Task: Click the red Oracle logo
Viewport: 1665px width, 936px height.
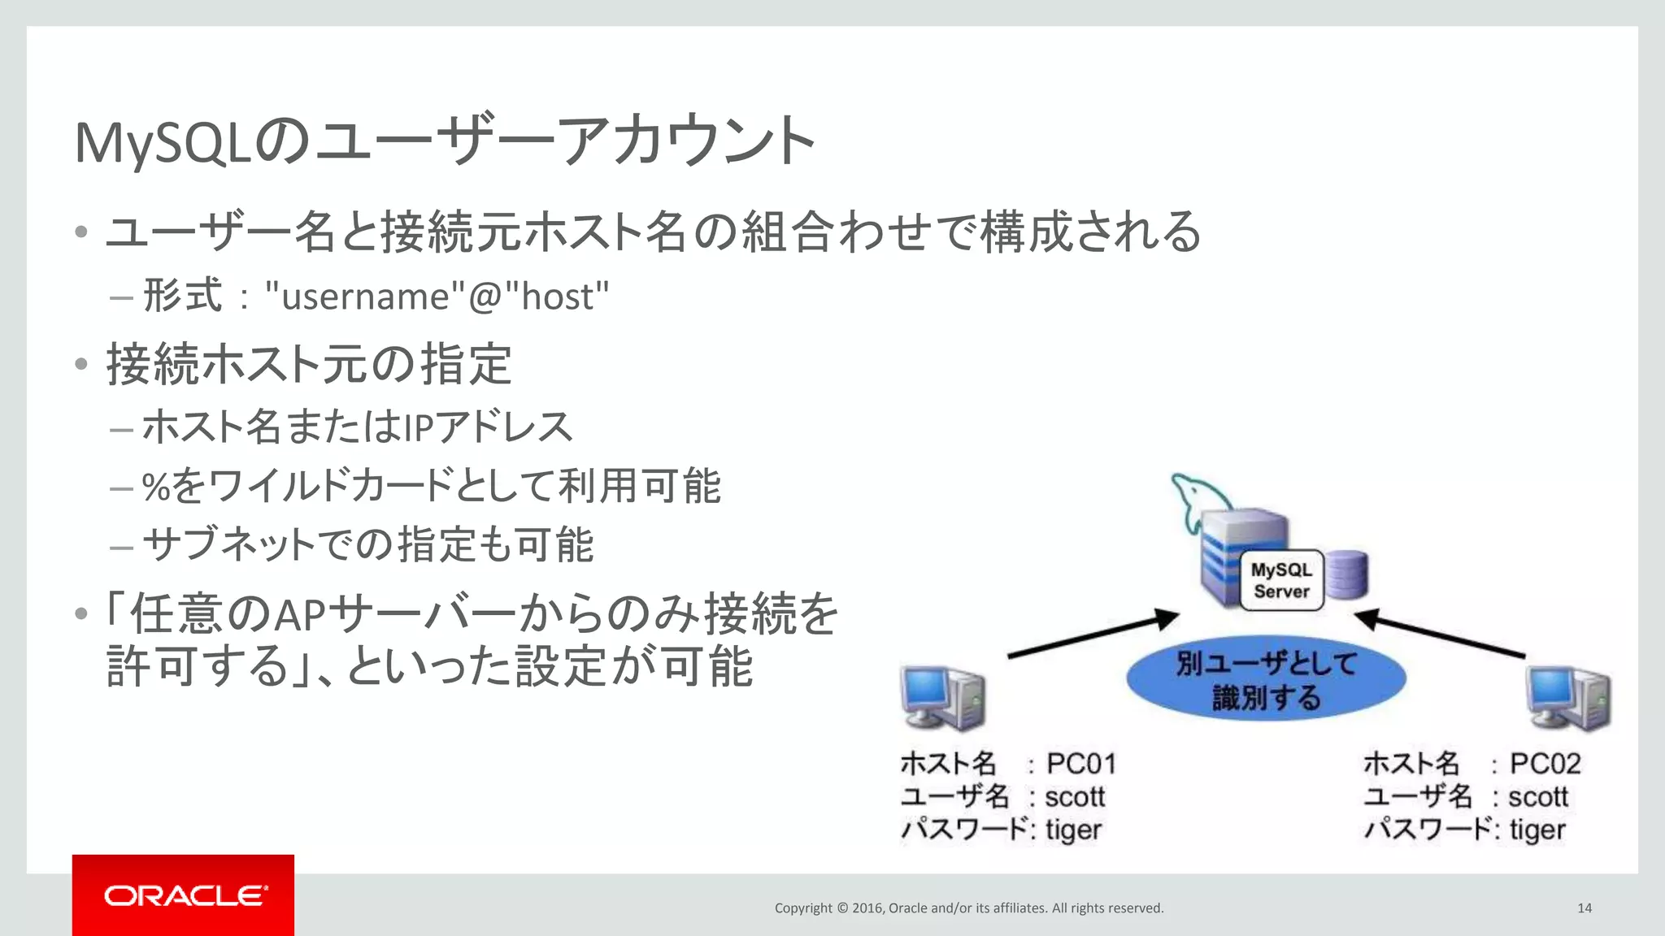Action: coord(184,895)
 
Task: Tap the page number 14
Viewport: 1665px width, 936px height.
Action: coord(1584,908)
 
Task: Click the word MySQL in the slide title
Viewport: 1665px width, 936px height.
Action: coord(163,143)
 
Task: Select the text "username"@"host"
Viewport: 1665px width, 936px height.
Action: coord(437,296)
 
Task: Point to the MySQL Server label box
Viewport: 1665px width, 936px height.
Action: coord(1281,580)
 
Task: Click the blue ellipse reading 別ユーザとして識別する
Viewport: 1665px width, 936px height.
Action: coord(1266,679)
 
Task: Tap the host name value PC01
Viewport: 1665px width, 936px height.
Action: coord(1080,764)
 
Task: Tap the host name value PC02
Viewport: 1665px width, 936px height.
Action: coord(1545,764)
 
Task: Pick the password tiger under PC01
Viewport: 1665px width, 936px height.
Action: coord(1073,830)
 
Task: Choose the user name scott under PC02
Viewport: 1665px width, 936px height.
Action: coord(1537,797)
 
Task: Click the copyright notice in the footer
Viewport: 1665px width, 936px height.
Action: coord(968,908)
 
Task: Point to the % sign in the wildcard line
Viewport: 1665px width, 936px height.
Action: coord(155,487)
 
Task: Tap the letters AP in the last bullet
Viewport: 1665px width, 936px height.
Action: coord(300,615)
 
